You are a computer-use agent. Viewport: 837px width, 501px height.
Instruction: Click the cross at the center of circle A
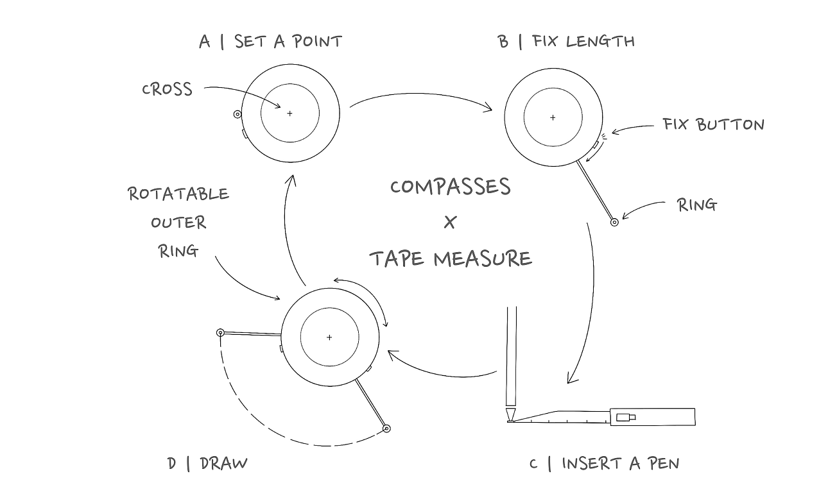[289, 114]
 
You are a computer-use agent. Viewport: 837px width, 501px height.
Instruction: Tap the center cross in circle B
[553, 118]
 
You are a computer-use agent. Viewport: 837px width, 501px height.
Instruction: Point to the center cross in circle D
[329, 337]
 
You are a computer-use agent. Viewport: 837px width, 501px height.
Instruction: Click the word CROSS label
[167, 89]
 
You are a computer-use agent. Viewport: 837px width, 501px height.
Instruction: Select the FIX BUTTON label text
[713, 124]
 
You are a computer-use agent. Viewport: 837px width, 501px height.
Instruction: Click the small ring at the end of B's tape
[614, 223]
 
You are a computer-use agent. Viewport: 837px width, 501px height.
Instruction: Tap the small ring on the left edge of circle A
[237, 115]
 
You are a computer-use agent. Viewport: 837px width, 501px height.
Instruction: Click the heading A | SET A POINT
[270, 42]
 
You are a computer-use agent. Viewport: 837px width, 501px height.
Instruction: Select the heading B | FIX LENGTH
[566, 42]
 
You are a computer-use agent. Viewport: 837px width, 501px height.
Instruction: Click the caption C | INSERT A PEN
[604, 463]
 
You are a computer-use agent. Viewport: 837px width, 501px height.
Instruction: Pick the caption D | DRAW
[207, 463]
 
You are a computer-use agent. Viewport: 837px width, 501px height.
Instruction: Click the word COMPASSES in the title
[451, 187]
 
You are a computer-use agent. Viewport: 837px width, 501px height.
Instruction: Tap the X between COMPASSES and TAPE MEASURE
[450, 223]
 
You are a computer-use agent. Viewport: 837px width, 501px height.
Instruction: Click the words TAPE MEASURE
[451, 259]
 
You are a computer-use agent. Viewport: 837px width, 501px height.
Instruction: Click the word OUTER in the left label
[178, 223]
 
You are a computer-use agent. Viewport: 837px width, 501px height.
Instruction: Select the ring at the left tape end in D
[220, 332]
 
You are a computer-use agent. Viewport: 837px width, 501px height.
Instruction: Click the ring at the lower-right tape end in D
[386, 428]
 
